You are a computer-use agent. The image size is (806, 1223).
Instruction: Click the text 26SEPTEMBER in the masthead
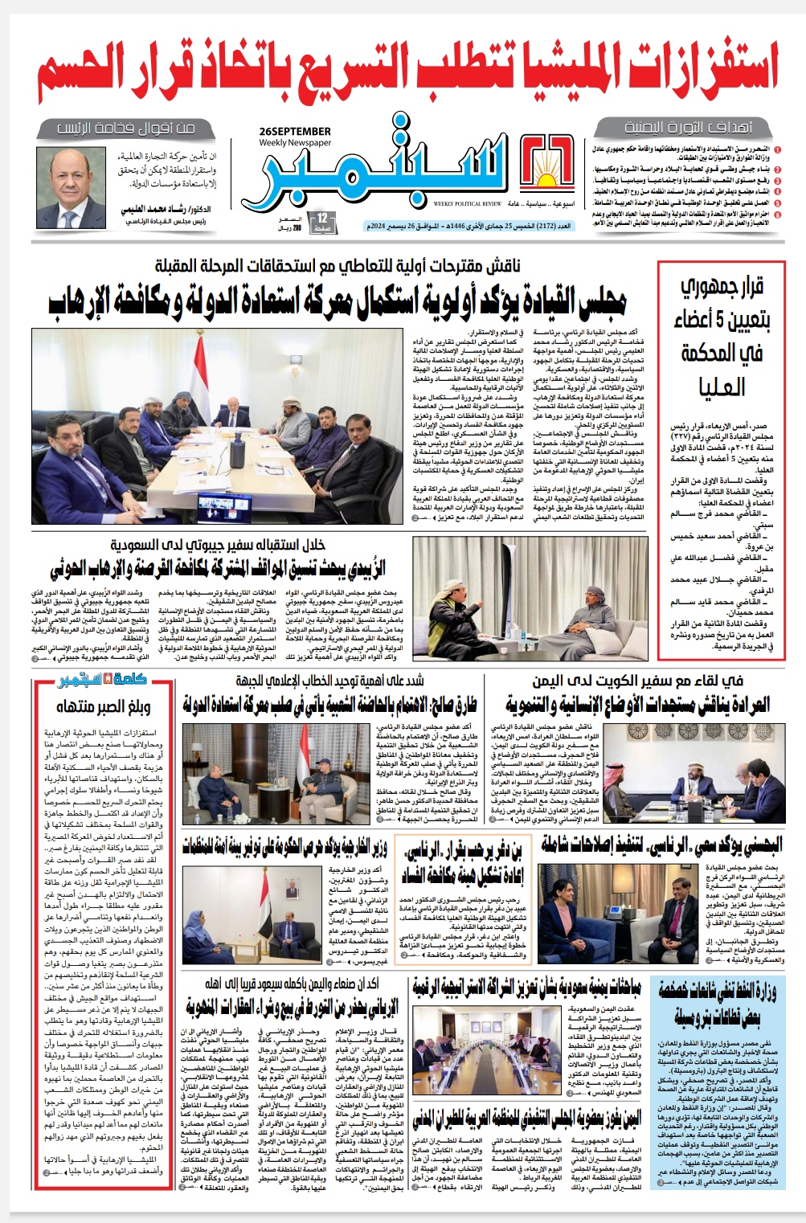point(295,131)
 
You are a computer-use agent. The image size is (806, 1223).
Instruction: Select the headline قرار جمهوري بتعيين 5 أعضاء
point(722,337)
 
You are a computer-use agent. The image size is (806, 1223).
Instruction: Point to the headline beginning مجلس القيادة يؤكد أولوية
point(337,301)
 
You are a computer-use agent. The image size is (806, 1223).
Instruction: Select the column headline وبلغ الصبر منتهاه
point(103,707)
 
